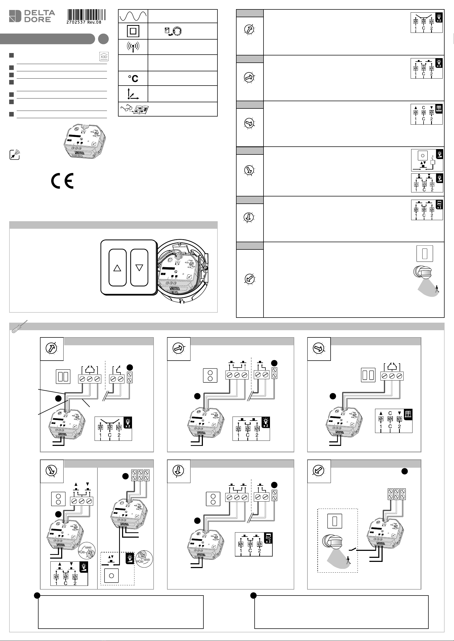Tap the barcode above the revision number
[86, 15]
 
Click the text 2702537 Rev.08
[84, 22]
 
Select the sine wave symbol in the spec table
[133, 16]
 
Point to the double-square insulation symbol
[133, 31]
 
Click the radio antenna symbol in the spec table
[133, 47]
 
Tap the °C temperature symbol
[133, 79]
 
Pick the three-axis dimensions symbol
[133, 94]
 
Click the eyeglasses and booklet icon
[134, 109]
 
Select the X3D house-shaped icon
[104, 57]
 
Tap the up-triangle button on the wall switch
[117, 268]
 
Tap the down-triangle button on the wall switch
[139, 268]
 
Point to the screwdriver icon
[19, 327]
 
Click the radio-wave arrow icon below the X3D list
[15, 155]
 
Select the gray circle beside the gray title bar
[103, 39]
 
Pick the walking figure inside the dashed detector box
[348, 560]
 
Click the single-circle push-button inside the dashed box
[111, 576]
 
